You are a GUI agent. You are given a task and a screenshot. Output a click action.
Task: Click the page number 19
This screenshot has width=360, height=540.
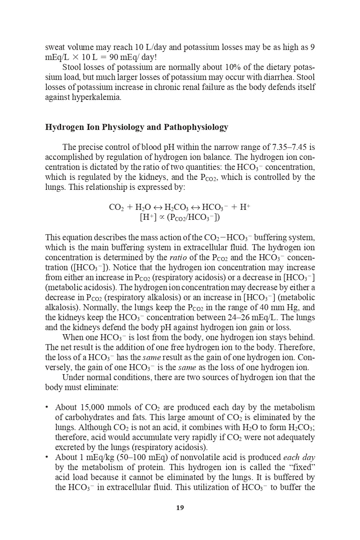(x=180, y=508)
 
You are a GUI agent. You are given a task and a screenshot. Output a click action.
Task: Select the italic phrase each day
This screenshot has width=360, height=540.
(x=299, y=457)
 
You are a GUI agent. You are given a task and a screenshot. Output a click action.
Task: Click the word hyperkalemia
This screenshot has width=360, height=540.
(x=96, y=97)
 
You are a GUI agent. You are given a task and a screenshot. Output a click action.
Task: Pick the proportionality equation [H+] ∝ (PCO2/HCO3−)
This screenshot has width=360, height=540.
(x=180, y=217)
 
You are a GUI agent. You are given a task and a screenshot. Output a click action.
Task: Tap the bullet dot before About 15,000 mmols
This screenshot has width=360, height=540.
(x=47, y=407)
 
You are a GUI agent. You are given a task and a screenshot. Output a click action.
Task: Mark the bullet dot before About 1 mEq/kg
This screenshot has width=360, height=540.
(x=47, y=457)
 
